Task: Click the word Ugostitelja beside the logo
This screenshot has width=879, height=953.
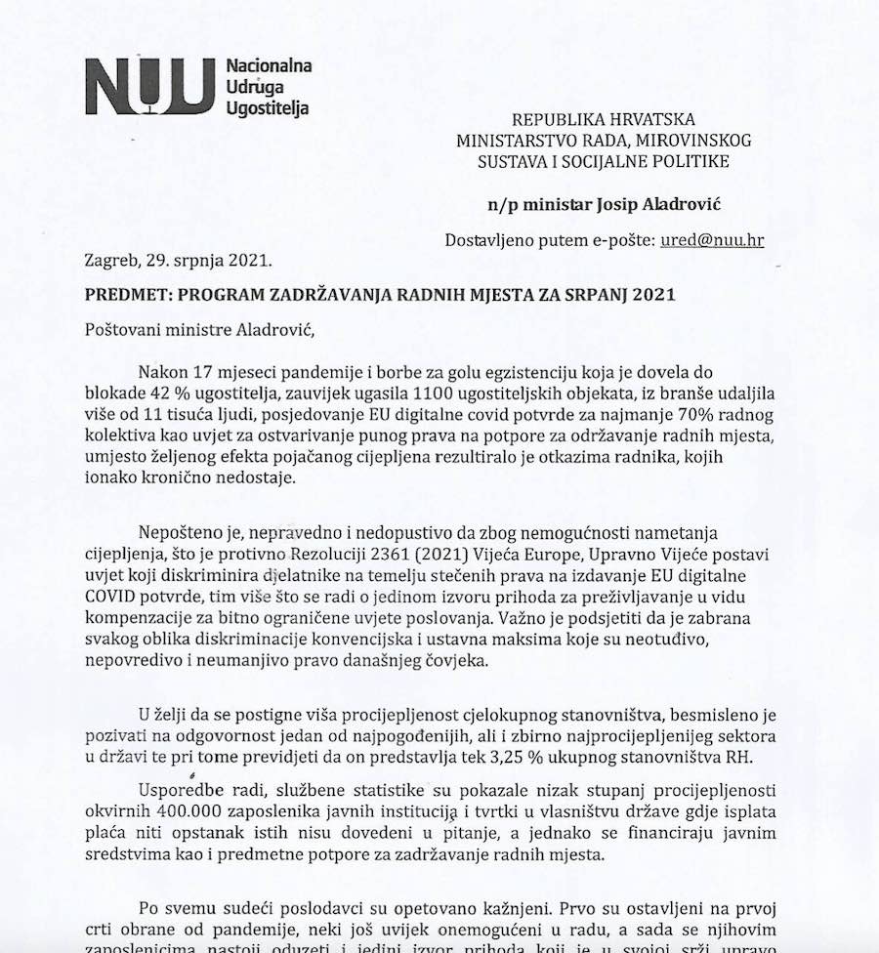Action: click(x=268, y=107)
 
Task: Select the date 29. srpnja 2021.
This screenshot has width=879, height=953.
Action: click(x=211, y=261)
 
